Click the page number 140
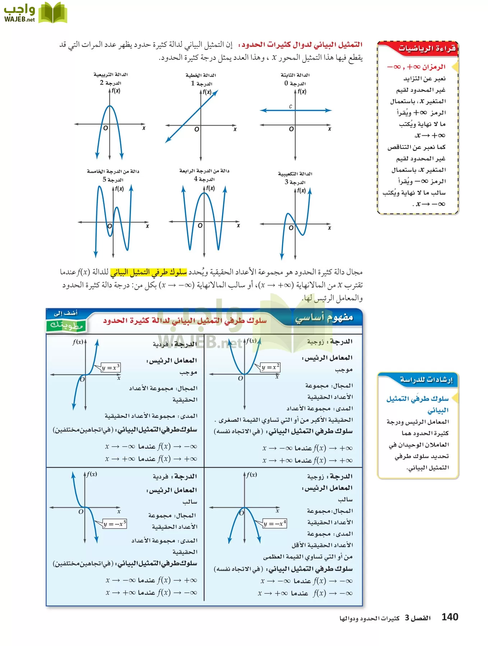(450, 617)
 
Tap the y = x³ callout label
(110, 368)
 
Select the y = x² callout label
(270, 367)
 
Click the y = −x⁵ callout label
(115, 524)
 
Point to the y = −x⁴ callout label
(275, 524)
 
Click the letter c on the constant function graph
(290, 106)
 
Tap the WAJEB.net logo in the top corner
(35, 13)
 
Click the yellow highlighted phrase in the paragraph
(148, 272)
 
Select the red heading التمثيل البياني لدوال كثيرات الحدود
(302, 45)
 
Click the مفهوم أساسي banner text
(324, 318)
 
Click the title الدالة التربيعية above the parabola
(111, 75)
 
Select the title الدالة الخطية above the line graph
(201, 75)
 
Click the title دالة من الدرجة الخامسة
(113, 171)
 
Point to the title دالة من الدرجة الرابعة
(204, 170)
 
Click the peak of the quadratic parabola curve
(110, 106)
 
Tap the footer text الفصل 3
(417, 618)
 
